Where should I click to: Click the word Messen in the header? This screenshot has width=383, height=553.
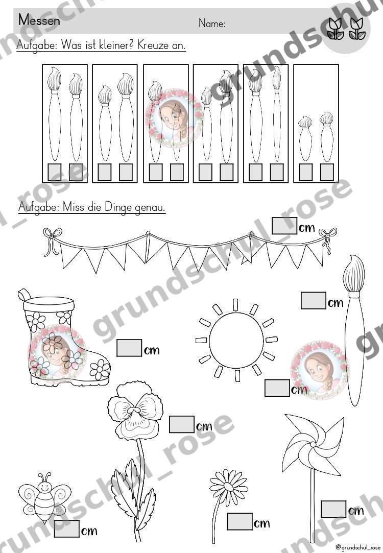[x=39, y=20]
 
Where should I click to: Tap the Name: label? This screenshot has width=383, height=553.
[x=212, y=23]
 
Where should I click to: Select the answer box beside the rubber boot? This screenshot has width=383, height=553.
[x=129, y=348]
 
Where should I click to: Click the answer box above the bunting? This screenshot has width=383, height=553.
[x=284, y=225]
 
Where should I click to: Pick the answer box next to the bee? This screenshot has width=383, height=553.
[x=66, y=528]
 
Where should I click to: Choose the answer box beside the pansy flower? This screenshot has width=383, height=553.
[x=182, y=424]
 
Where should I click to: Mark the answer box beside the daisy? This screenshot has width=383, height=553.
[x=240, y=521]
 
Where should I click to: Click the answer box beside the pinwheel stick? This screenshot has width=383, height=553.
[x=333, y=509]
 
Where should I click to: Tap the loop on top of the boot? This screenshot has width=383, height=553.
[x=24, y=294]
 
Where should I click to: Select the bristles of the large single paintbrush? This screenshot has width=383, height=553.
[x=354, y=273]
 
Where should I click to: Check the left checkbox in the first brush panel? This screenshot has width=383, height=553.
[x=54, y=172]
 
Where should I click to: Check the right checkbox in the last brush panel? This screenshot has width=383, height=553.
[x=327, y=172]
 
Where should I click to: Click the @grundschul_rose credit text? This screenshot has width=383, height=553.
[x=357, y=547]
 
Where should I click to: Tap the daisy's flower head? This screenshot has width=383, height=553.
[x=228, y=485]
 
